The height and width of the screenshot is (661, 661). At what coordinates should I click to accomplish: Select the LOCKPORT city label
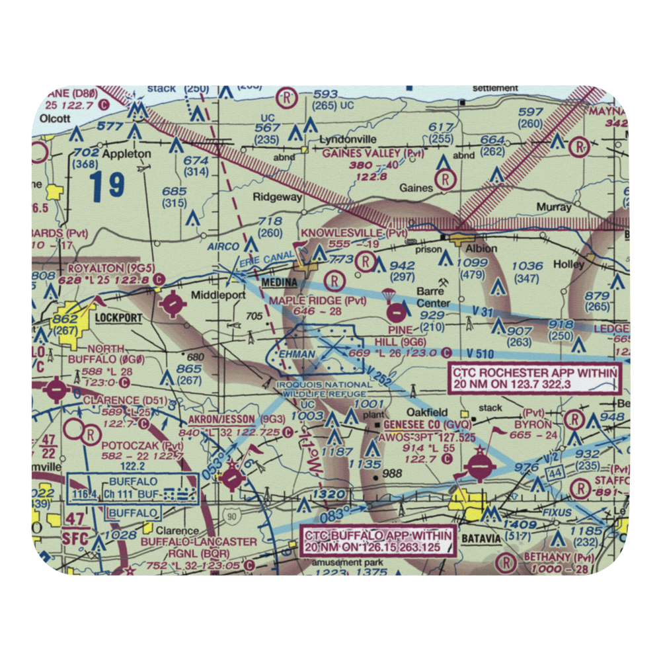[118, 318]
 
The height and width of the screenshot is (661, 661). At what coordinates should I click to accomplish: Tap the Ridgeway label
[278, 197]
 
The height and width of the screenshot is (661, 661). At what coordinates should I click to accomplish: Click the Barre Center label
[433, 297]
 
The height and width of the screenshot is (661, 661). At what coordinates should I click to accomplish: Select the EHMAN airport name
[297, 355]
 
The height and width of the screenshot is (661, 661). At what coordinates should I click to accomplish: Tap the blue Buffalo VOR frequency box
[132, 494]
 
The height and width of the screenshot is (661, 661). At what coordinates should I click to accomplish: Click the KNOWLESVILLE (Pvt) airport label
[354, 233]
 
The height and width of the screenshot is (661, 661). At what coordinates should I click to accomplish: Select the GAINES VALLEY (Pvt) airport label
[373, 153]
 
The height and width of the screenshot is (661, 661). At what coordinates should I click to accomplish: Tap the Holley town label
[569, 264]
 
